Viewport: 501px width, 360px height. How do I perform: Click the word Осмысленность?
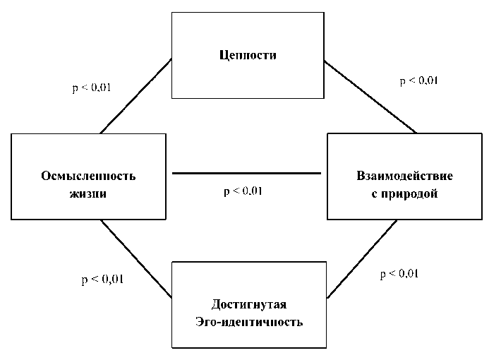pos(88,176)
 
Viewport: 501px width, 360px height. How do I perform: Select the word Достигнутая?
pos(249,304)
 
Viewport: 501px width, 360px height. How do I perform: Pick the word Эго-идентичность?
pos(249,323)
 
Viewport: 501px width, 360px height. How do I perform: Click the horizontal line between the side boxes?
pos(247,173)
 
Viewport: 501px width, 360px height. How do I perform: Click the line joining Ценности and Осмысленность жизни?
pos(136,96)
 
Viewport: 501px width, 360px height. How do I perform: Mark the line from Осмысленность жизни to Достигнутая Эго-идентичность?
pos(136,258)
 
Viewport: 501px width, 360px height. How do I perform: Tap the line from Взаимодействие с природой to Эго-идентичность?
pos(361,258)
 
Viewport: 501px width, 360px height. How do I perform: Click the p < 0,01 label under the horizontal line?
pos(243,191)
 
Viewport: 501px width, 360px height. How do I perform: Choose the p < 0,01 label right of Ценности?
pos(419,80)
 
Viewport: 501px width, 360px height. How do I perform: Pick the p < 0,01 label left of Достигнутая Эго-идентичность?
pos(102,279)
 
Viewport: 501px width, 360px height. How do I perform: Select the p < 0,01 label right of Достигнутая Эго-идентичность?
pos(399,274)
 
